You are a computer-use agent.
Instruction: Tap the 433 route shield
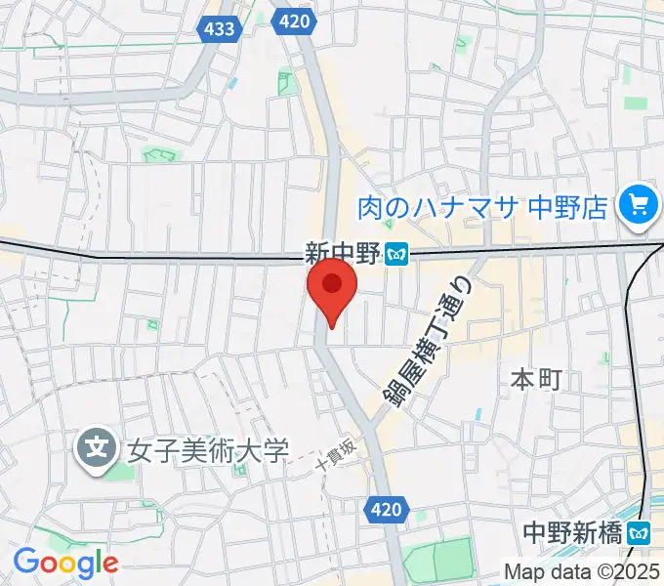coord(219,28)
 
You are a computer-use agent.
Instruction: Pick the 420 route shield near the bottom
coord(388,508)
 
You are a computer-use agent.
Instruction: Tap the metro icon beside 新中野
coord(396,254)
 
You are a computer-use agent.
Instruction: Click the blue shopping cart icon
coord(641,204)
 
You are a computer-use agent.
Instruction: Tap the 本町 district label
coord(537,379)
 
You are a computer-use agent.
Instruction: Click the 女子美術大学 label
coord(208,451)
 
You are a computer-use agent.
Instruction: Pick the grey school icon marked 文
coord(97,449)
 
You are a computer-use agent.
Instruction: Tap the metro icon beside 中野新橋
coord(640,533)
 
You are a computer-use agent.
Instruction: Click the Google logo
coord(65,562)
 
